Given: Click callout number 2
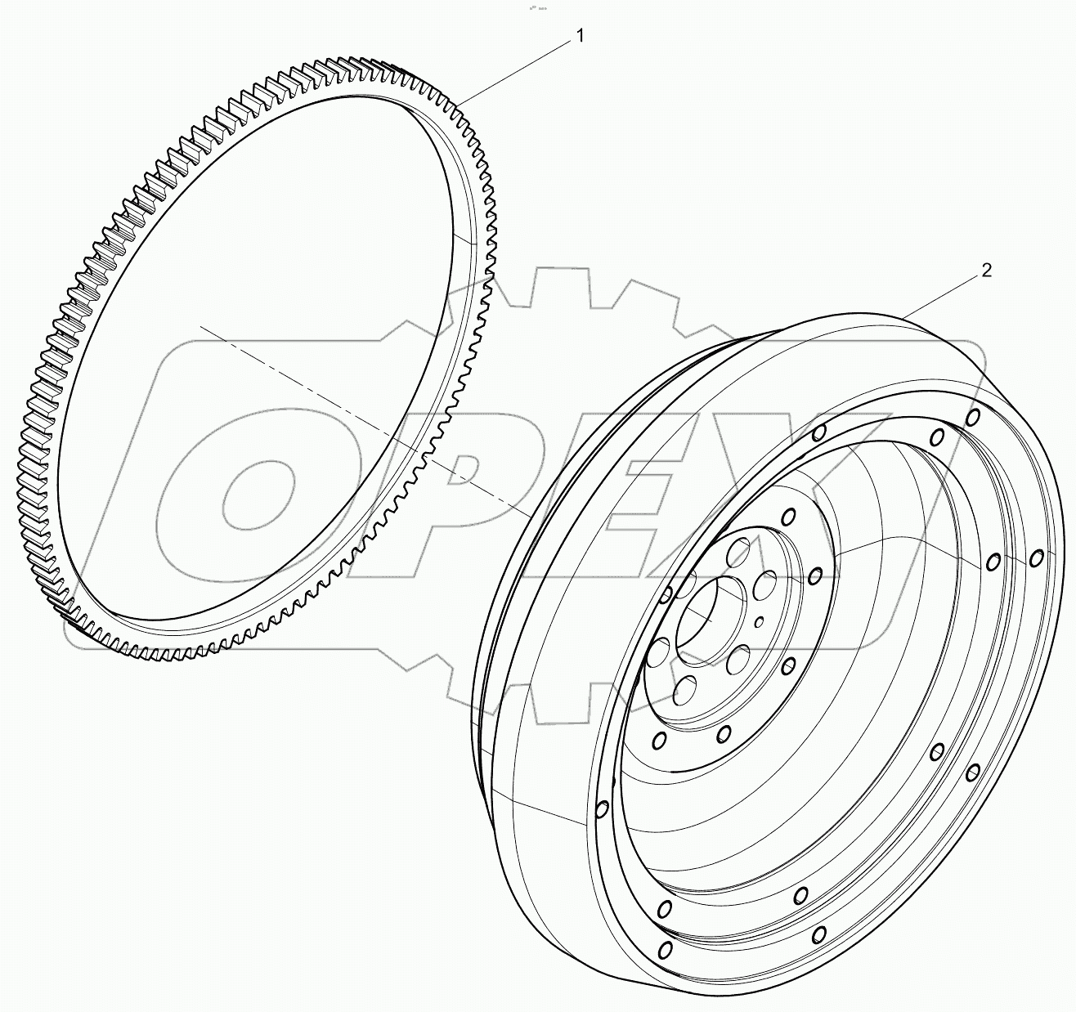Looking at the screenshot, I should (987, 271).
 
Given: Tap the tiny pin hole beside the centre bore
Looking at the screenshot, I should (760, 622).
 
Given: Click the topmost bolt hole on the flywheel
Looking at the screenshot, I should (973, 418).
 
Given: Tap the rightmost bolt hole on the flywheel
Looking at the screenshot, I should (1037, 557).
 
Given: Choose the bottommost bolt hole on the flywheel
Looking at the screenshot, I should (665, 949).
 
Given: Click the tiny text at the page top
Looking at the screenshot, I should (537, 7).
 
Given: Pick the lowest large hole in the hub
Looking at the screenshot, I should (684, 688).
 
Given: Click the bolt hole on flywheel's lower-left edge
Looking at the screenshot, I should (602, 808).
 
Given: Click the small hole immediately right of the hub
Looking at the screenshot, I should (814, 575).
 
